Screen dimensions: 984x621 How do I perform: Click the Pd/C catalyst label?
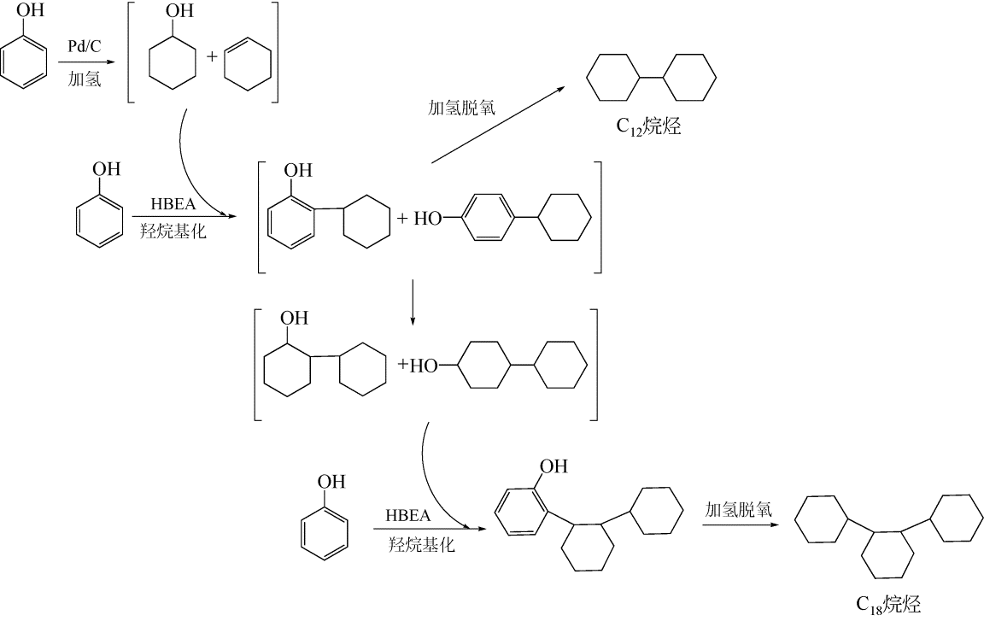point(85,47)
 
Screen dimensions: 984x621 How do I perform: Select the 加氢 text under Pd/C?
point(85,79)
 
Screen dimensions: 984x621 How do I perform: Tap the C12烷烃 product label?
point(648,127)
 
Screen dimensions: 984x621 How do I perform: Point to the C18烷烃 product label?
point(888,604)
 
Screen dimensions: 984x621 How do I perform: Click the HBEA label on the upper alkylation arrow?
point(173,204)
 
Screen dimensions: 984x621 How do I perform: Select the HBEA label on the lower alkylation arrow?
point(408,516)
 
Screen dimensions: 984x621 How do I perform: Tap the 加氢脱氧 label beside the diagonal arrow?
point(461,108)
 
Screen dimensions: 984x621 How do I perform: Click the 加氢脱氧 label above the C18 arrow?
point(738,509)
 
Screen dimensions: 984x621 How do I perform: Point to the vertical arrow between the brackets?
point(413,303)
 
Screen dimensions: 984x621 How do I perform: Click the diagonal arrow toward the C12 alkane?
point(498,125)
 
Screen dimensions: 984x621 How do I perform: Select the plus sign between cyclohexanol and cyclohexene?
point(212,56)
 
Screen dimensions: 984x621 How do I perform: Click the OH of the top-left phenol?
point(30,10)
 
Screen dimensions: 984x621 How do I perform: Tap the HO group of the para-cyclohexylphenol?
point(428,219)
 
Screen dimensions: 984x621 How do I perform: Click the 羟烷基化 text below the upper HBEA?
point(173,231)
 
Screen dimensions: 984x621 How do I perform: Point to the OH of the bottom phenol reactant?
point(331,482)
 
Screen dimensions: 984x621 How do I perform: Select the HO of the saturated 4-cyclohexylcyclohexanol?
point(424,366)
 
